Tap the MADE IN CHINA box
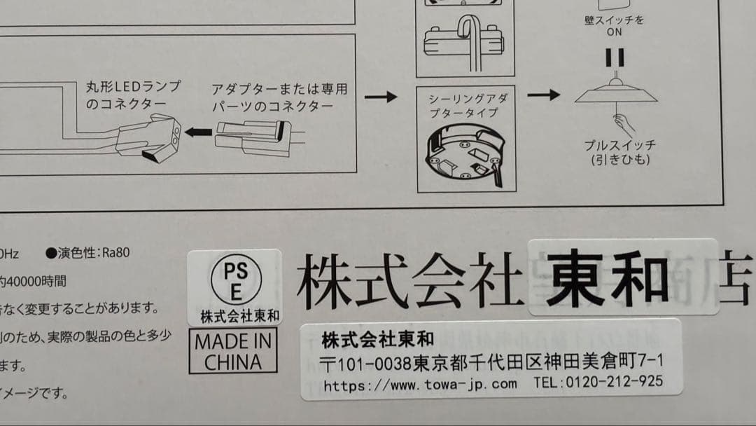pos(233,352)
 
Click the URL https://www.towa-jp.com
pos(420,384)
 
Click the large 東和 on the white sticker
pos(606,278)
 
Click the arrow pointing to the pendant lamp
pos(543,95)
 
